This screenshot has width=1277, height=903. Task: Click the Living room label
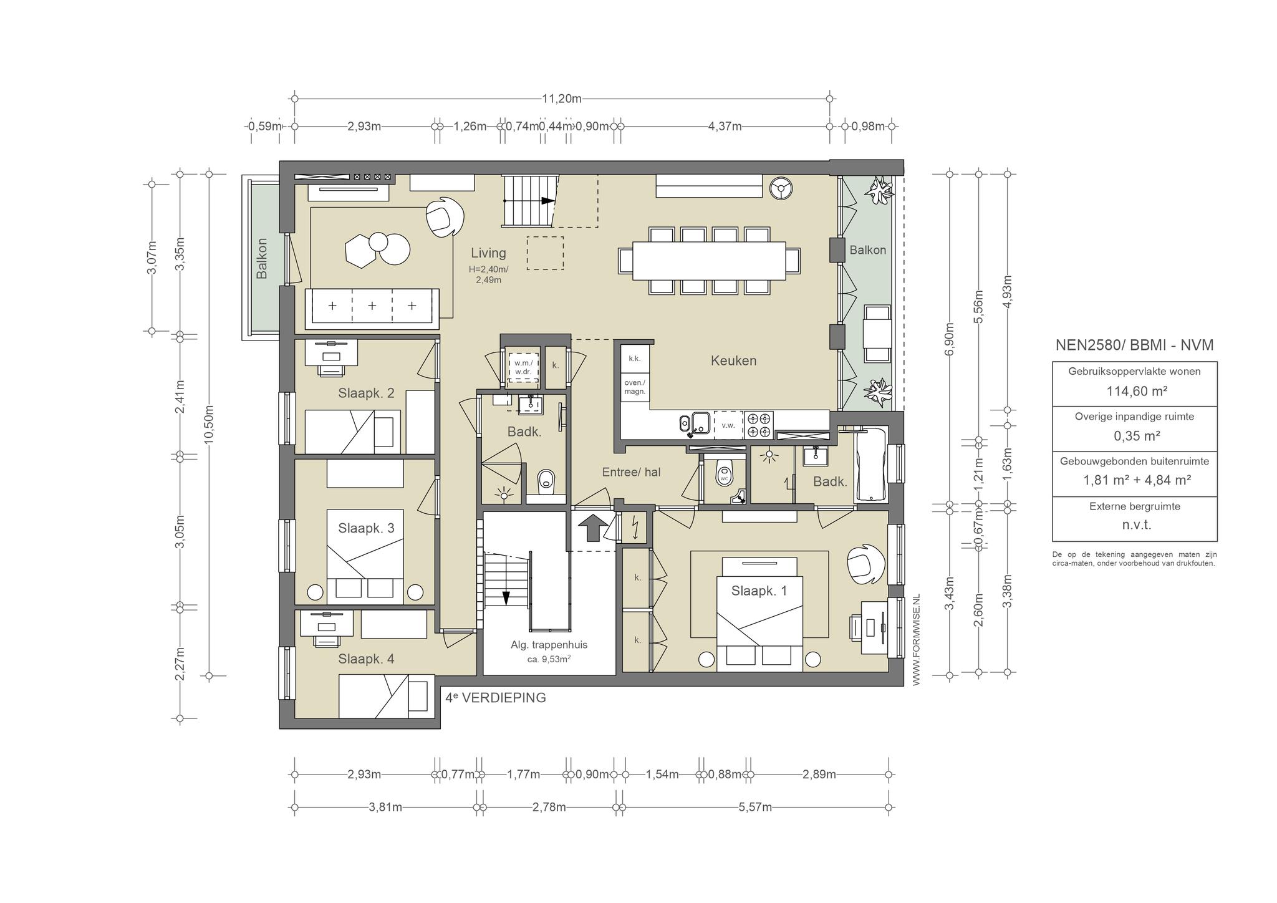coord(488,253)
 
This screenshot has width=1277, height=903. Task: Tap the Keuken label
coord(733,360)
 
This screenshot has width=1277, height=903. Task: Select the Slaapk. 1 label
coord(759,591)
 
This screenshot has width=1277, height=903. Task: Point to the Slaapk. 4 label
coord(366,659)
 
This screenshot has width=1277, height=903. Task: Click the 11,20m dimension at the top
coord(562,99)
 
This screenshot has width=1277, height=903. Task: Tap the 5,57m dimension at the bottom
coord(755,808)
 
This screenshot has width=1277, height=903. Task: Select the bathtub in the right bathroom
coord(871,465)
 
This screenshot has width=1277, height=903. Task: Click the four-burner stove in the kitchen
coord(759,425)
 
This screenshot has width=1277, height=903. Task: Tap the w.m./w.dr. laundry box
coord(523,368)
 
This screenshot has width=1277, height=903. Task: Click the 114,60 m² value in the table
coord(1134,391)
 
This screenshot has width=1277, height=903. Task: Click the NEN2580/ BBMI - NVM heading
coord(1134,345)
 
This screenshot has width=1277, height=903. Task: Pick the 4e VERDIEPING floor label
coord(496,698)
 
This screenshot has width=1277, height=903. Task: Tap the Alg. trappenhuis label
coord(549,645)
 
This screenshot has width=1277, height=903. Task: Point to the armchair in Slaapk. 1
coord(865,561)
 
